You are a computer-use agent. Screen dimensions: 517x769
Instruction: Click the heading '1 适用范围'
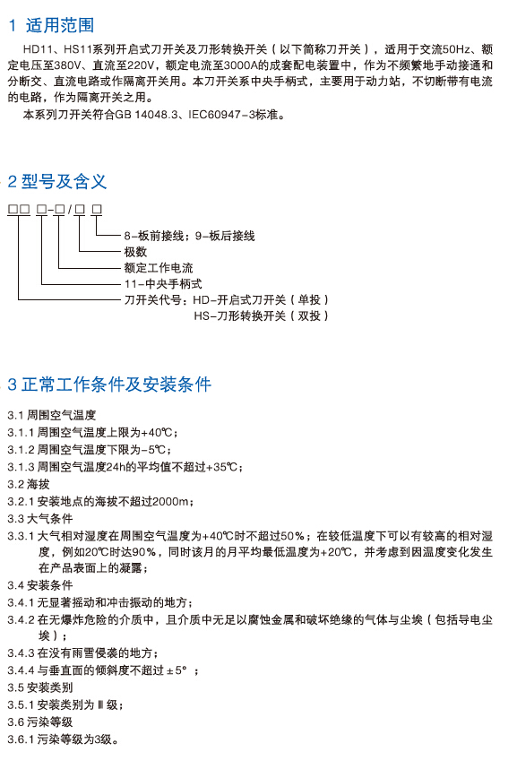(51, 25)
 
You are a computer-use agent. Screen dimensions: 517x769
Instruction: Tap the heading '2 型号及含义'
(57, 181)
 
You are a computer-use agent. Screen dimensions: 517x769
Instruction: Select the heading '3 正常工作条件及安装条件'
(109, 384)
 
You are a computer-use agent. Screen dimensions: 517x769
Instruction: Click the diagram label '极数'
(135, 252)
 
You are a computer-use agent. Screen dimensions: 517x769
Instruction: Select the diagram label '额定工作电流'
(159, 268)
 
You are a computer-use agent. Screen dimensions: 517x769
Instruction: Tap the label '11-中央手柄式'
(163, 284)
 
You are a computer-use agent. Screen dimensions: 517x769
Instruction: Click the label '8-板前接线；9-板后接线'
(189, 236)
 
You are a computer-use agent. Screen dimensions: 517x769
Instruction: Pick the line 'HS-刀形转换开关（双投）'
(261, 315)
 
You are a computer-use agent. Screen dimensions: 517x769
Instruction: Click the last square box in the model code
(97, 210)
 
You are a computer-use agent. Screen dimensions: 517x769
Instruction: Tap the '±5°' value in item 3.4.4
(177, 670)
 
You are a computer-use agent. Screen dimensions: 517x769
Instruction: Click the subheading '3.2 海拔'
(29, 484)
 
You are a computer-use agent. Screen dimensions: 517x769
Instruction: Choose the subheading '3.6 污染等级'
(39, 721)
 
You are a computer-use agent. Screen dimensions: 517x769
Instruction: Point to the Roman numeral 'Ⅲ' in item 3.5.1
(100, 704)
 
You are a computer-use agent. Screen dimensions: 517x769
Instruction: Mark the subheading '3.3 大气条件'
(39, 518)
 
